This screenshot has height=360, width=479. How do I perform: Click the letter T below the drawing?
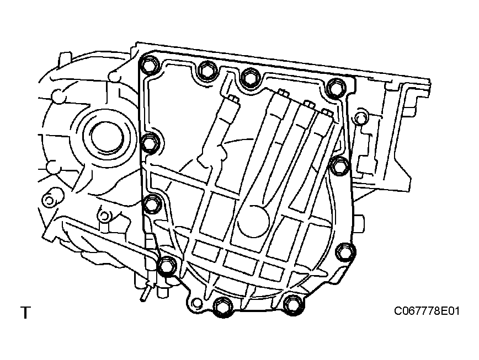(x=25, y=313)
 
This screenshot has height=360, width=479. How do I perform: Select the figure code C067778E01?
(x=426, y=311)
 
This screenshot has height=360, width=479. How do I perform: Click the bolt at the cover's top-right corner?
(x=334, y=88)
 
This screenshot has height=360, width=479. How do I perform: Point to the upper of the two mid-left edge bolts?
(x=150, y=143)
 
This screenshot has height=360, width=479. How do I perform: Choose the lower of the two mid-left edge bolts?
(x=152, y=205)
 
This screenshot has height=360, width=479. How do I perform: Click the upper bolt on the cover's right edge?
(x=340, y=164)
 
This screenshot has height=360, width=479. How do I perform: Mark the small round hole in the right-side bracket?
(x=361, y=117)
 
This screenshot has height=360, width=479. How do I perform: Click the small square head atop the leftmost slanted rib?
(x=232, y=99)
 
